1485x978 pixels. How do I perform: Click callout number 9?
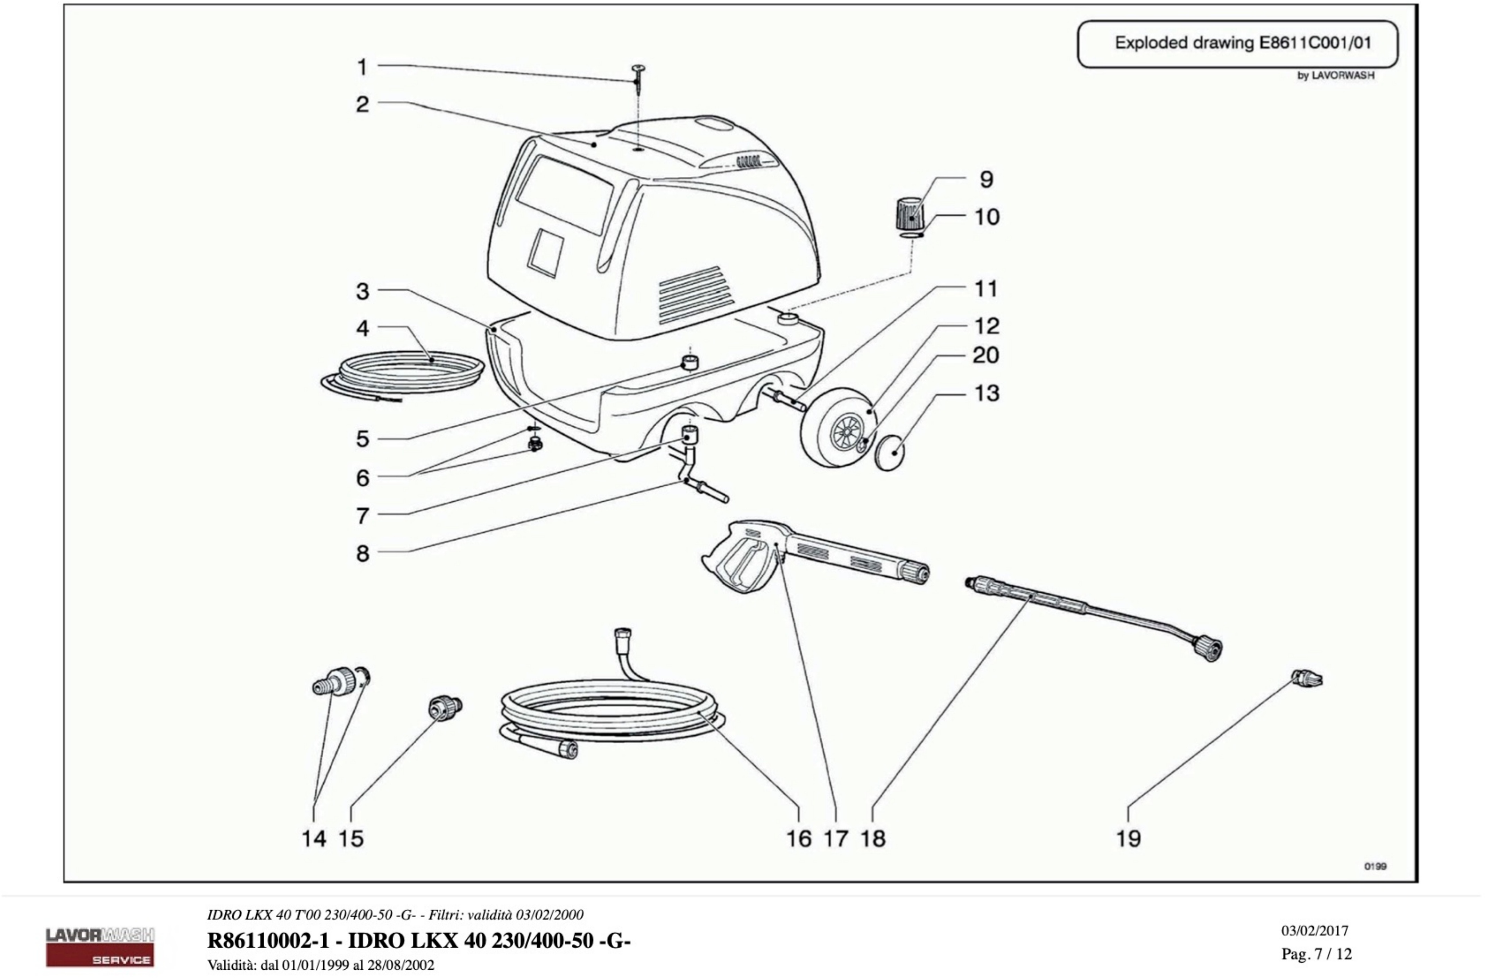pos(986,179)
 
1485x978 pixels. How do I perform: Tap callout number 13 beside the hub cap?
pos(986,394)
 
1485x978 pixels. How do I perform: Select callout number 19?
pos(1128,838)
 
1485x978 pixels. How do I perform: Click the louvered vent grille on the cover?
pos(694,294)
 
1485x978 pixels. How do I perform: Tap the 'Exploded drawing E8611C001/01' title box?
pos(1237,44)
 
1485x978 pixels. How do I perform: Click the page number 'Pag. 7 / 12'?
pos(1317,954)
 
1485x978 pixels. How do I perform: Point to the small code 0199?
pos(1375,866)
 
